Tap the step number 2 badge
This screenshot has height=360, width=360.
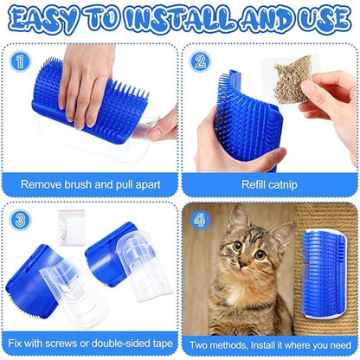(200, 61)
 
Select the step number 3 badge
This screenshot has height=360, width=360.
(19, 219)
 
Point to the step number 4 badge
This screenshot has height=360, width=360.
(200, 219)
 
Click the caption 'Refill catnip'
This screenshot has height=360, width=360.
(271, 183)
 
